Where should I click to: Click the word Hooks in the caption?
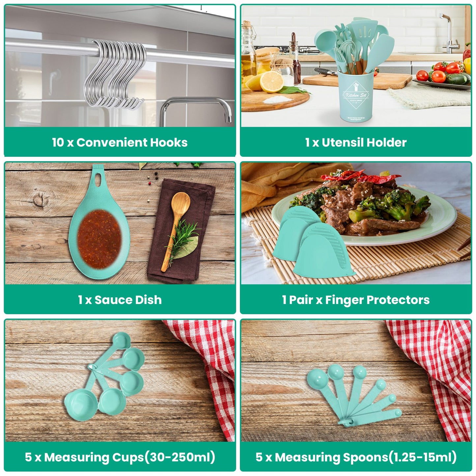[169, 142]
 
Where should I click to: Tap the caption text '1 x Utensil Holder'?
[356, 142]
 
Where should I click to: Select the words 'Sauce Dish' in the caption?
[128, 300]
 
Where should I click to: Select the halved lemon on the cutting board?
[271, 81]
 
